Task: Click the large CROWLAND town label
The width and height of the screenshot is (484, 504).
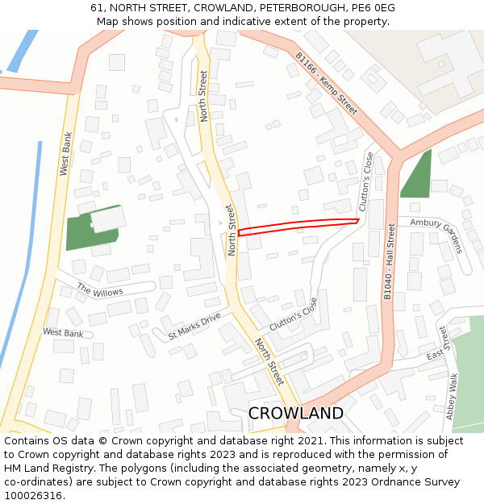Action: click(295, 413)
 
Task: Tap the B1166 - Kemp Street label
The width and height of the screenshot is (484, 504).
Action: click(326, 84)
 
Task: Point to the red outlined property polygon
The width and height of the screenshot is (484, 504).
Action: click(298, 225)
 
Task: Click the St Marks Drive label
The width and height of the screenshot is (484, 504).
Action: click(194, 325)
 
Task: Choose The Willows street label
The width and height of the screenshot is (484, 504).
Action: click(100, 289)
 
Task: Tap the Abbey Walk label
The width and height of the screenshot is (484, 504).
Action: click(452, 396)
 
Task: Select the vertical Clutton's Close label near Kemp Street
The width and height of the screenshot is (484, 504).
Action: click(365, 182)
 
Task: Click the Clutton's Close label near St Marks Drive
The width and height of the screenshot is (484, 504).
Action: click(294, 313)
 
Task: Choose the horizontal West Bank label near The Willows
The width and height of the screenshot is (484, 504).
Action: click(63, 333)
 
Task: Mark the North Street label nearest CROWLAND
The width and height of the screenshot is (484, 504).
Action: click(269, 361)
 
